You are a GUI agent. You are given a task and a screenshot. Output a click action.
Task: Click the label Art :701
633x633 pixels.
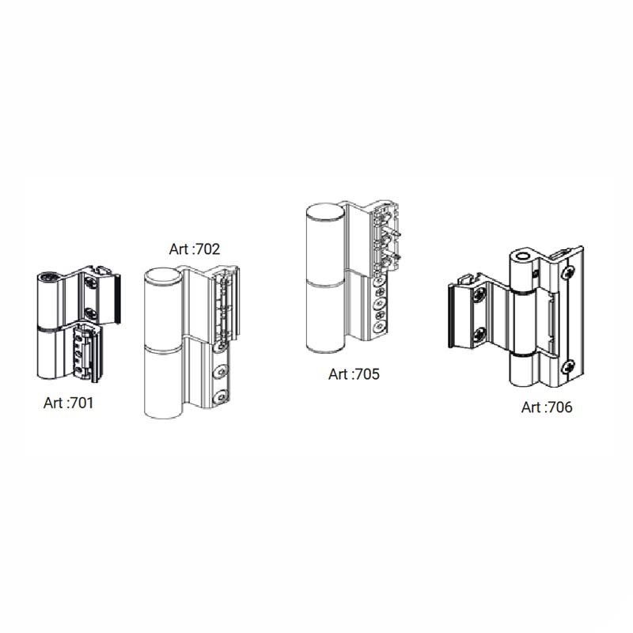[x=68, y=403]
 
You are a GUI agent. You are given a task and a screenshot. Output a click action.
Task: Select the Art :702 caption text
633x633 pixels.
[x=195, y=249]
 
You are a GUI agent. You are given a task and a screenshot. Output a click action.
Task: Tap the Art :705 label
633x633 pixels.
[x=354, y=374]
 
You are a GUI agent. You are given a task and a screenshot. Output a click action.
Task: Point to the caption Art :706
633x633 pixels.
[x=547, y=407]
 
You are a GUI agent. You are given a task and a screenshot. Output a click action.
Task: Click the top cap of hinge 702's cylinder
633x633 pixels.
[x=163, y=278]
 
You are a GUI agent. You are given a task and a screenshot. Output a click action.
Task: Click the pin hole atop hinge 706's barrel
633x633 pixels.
[x=524, y=256]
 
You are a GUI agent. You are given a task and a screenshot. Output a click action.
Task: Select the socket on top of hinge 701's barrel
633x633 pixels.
[x=49, y=276]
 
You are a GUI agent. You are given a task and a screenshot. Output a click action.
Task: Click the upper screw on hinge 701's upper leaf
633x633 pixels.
[x=91, y=284]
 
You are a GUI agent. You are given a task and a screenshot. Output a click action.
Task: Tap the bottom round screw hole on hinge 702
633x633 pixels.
[x=221, y=397]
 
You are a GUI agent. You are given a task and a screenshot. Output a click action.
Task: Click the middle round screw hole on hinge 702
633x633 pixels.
[x=221, y=371]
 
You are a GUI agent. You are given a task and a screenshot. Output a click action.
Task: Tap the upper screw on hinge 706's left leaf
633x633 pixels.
[x=480, y=295]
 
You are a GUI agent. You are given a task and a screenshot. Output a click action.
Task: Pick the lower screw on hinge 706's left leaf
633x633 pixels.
[x=480, y=334]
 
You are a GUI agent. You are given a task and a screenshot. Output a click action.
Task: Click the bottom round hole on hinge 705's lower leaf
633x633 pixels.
[x=379, y=327]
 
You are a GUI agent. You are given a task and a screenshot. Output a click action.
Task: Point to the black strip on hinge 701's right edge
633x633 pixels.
[x=117, y=299]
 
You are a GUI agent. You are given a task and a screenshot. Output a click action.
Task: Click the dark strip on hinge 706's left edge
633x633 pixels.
[x=449, y=315]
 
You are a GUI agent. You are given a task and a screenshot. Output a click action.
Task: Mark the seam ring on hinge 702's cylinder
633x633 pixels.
[x=163, y=347]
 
